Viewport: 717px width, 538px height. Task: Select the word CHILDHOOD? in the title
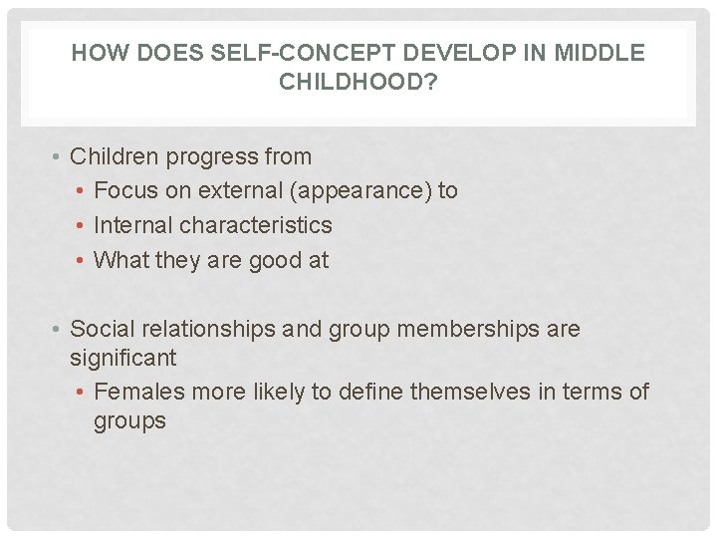click(x=358, y=82)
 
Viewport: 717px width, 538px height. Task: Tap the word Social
click(x=102, y=329)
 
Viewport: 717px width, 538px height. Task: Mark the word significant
click(x=122, y=357)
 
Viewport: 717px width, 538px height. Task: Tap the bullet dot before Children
click(x=60, y=157)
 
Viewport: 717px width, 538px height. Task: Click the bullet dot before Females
click(x=83, y=392)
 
